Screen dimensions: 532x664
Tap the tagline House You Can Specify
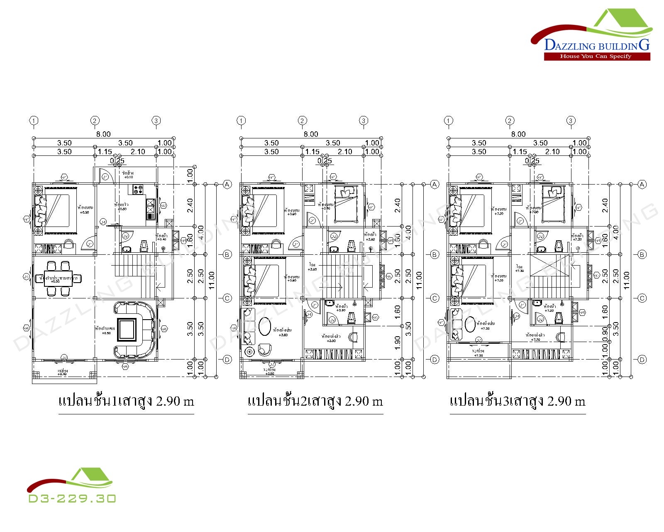coord(596,56)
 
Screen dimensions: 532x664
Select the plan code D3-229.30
coord(72,498)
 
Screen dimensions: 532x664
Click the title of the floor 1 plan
coord(126,401)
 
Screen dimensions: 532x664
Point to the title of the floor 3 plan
coord(518,401)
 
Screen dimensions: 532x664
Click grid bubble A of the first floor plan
coord(227,184)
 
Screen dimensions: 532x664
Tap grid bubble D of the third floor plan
coord(642,360)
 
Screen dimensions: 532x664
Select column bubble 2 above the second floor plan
coord(302,121)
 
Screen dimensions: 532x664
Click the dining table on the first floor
coord(59,278)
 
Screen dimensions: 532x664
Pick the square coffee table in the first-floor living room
coord(127,330)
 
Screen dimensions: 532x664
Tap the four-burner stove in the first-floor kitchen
coord(138,190)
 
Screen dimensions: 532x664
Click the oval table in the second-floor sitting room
coord(265,326)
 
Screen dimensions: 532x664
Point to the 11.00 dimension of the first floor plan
coord(212,281)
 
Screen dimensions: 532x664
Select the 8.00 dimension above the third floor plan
coord(518,134)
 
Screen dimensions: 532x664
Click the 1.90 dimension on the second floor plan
coord(397,343)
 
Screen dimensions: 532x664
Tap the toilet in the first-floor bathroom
coord(144,246)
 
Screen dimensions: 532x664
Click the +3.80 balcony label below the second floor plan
coord(270,374)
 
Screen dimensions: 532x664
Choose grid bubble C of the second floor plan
coord(435,298)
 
